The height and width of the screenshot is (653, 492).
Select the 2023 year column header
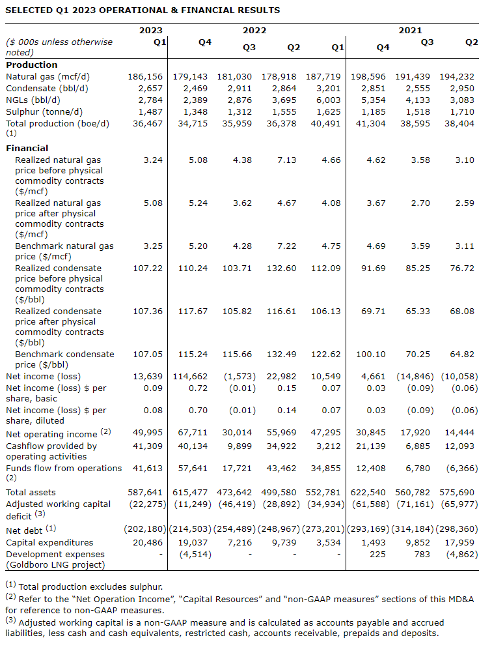tap(151, 30)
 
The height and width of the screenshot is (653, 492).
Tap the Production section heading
tap(31, 65)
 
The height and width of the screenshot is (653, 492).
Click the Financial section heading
tap(27, 148)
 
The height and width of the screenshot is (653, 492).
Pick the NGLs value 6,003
tap(328, 100)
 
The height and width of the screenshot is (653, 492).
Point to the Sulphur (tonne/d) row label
tap(47, 111)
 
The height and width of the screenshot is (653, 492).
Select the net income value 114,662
tap(190, 376)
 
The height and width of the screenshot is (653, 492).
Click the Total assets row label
tap(31, 492)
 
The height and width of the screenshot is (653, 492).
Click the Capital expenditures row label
tap(49, 542)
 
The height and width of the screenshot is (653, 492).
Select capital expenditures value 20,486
tap(149, 542)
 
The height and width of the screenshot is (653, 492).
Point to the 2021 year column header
tap(411, 30)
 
